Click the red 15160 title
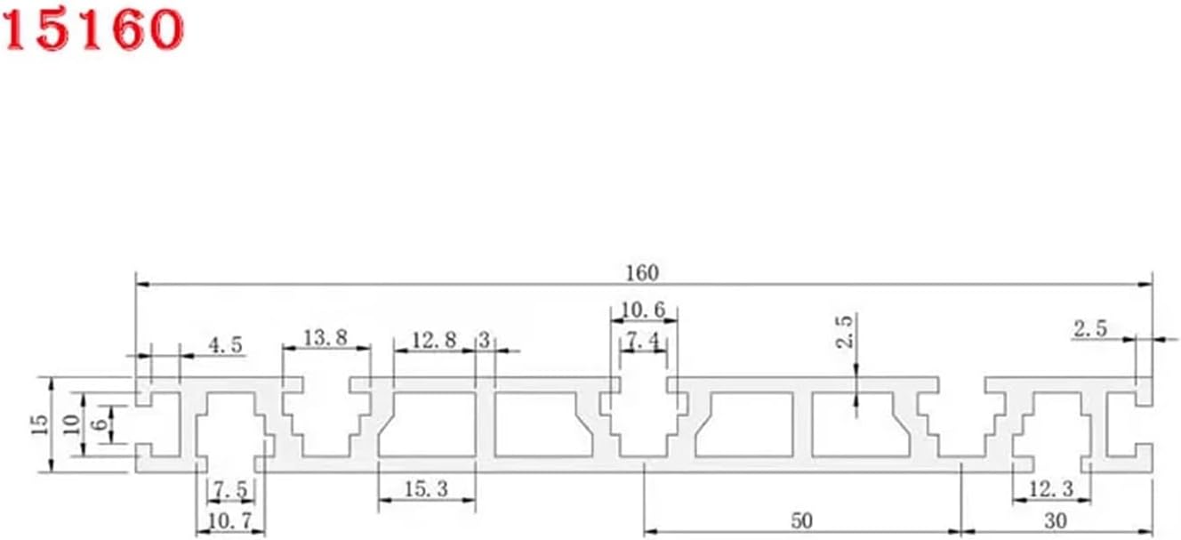click(92, 29)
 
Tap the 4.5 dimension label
click(225, 345)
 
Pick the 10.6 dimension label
click(643, 310)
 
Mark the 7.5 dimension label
click(230, 489)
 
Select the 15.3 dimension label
click(426, 489)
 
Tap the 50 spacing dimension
click(802, 520)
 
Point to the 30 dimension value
click(1056, 520)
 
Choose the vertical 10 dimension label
click(68, 424)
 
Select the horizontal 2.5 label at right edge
click(1089, 328)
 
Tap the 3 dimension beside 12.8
click(485, 339)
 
